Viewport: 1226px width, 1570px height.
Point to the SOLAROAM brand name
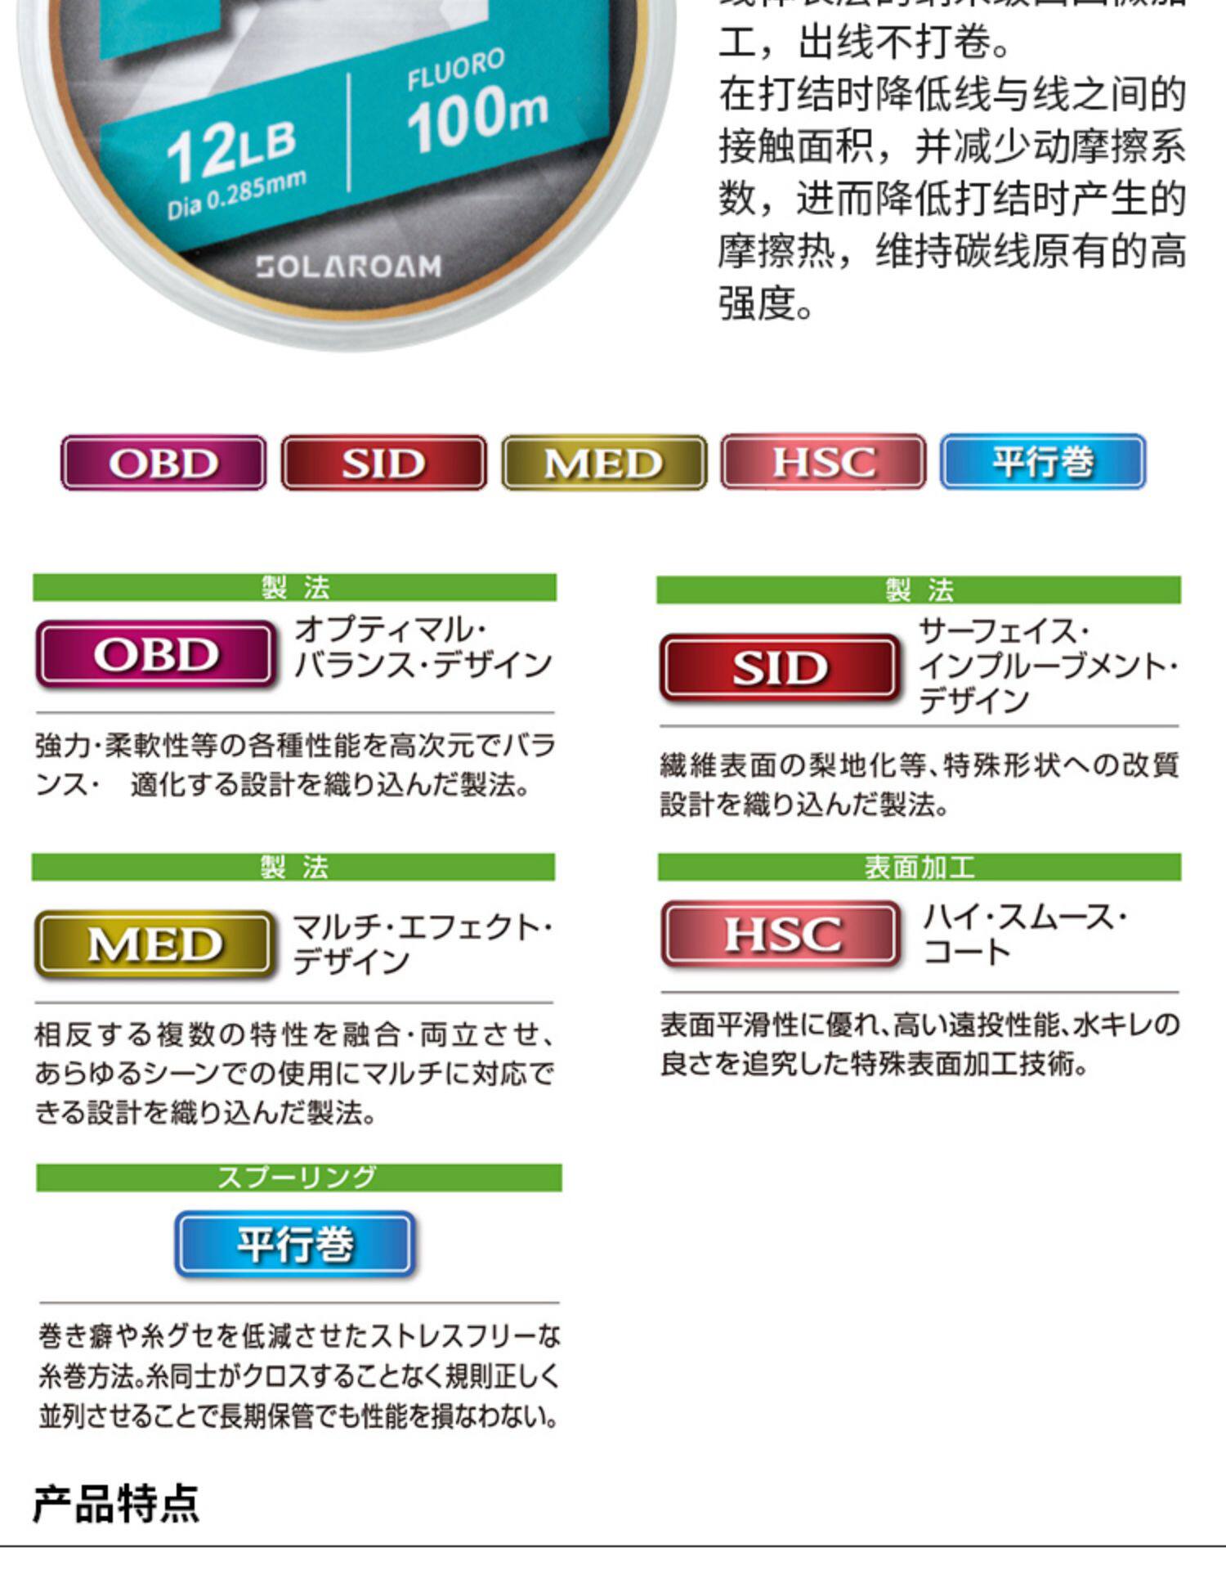pyautogui.click(x=349, y=267)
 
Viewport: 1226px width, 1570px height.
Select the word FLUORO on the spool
pyautogui.click(x=455, y=70)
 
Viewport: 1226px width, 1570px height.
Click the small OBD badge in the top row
pyautogui.click(x=163, y=463)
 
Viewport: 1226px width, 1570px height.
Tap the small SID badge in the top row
pyautogui.click(x=383, y=463)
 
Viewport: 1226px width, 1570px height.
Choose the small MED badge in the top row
pyautogui.click(x=604, y=463)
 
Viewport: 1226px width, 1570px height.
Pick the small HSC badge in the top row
pyautogui.click(x=823, y=462)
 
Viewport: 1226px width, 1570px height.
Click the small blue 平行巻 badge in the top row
pyautogui.click(x=1043, y=462)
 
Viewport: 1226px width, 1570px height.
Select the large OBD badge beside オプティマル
pyautogui.click(x=155, y=654)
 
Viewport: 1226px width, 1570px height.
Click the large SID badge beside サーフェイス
pyautogui.click(x=780, y=668)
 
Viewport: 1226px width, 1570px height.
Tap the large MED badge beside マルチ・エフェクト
pyautogui.click(x=154, y=944)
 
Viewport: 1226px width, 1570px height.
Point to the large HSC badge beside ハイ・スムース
pyautogui.click(x=781, y=934)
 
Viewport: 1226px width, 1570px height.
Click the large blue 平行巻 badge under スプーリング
pyautogui.click(x=295, y=1244)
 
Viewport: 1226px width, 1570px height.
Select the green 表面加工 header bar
pyautogui.click(x=919, y=867)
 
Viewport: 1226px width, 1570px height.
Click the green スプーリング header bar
pyautogui.click(x=298, y=1177)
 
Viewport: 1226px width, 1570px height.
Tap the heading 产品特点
pyautogui.click(x=116, y=1503)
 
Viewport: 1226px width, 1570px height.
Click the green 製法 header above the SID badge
pyautogui.click(x=919, y=590)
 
